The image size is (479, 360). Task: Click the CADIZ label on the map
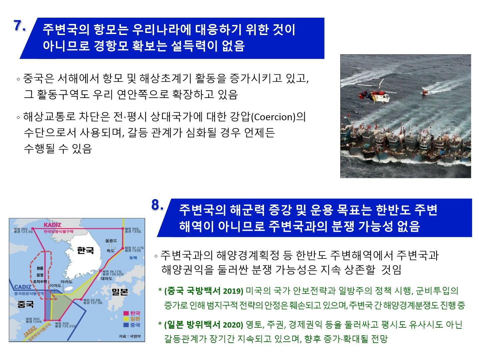(x=23, y=287)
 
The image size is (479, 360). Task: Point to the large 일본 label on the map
(x=120, y=292)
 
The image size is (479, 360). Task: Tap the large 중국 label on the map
(x=25, y=304)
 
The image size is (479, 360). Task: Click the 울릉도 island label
(x=111, y=240)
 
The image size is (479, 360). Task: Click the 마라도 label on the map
(x=67, y=282)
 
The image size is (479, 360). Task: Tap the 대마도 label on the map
(x=106, y=279)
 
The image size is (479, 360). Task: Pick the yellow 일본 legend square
(x=126, y=319)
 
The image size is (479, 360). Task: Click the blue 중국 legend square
(x=126, y=324)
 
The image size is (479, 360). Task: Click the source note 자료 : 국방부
(x=130, y=336)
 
